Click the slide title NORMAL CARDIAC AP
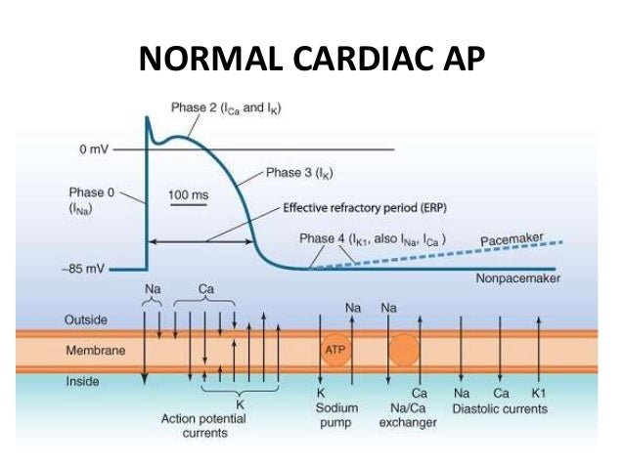click(x=311, y=61)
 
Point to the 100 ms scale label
click(x=188, y=195)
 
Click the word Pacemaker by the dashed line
click(x=512, y=239)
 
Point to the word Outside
click(x=87, y=319)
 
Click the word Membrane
click(x=94, y=349)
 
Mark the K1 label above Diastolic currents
click(x=538, y=393)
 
